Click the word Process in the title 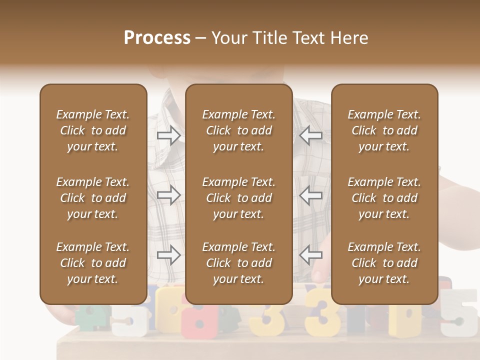[157, 38]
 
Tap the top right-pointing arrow [169, 135]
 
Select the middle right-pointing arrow [169, 195]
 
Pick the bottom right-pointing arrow [169, 255]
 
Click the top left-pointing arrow [310, 135]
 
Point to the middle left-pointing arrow [310, 195]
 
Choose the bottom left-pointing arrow [310, 255]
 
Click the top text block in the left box [93, 130]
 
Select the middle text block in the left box [93, 198]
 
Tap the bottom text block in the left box [93, 263]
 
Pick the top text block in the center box [239, 130]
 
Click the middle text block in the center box [239, 198]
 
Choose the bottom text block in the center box [239, 263]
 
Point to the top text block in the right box [384, 130]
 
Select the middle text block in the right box [384, 198]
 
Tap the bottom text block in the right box [384, 263]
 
